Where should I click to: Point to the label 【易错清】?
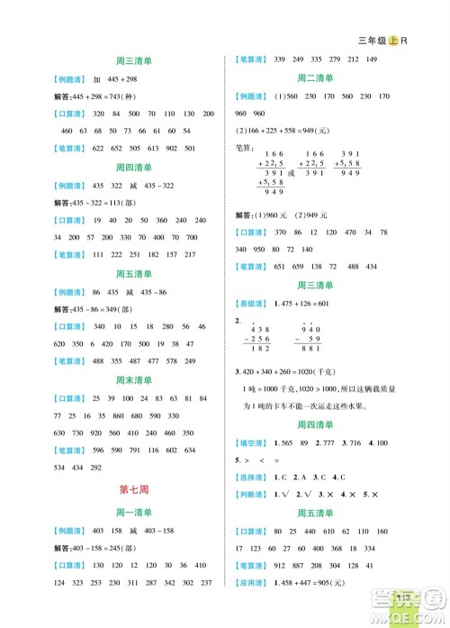tap(255, 305)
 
